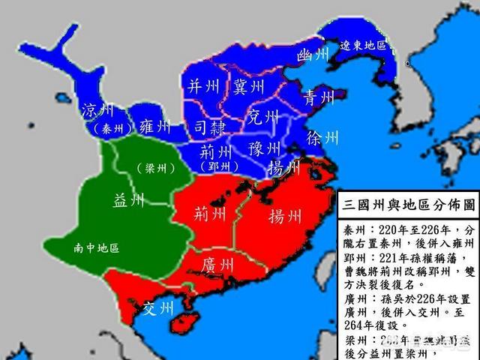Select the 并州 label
click(204, 85)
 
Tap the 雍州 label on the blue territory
click(155, 127)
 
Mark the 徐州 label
click(322, 138)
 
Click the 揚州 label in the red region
click(285, 196)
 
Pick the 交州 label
click(157, 309)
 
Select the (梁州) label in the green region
click(155, 168)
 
